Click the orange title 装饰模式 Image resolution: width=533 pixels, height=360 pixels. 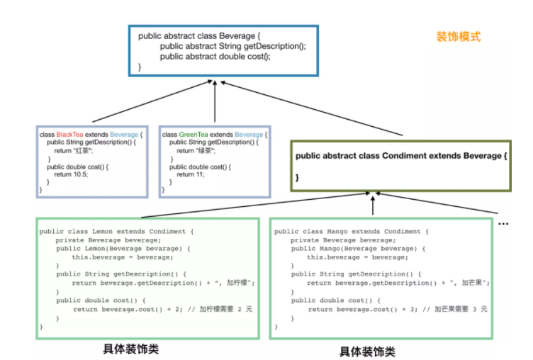click(x=458, y=36)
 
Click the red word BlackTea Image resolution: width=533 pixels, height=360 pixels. click(x=69, y=135)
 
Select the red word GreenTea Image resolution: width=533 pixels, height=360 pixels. click(x=193, y=135)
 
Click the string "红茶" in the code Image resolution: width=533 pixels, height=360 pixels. click(x=84, y=151)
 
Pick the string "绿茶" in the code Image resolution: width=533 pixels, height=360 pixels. click(x=206, y=151)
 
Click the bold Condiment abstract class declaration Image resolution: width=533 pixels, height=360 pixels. click(x=401, y=155)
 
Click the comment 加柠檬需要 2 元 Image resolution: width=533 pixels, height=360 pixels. click(x=227, y=310)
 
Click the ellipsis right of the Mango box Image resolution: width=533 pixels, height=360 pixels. click(x=503, y=224)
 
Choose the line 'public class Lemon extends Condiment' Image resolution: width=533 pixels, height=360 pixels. click(x=116, y=232)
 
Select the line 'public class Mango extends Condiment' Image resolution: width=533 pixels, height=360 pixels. click(x=352, y=232)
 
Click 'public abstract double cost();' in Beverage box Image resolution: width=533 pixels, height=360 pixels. click(x=215, y=57)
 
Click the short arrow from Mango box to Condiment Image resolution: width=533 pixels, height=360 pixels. click(x=373, y=206)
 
